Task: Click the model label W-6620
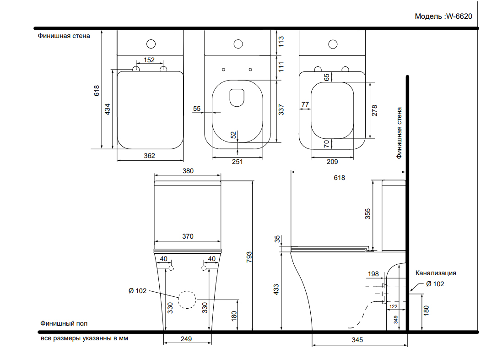pos(459,16)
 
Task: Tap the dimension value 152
pos(149,60)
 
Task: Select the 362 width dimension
pos(149,156)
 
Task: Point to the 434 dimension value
pos(108,109)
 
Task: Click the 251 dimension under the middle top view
pos(238,162)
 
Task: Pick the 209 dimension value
pos(332,162)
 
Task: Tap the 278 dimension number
pos(374,111)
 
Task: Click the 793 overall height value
pos(249,257)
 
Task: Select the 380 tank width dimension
pos(188,171)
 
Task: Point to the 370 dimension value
pos(188,236)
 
